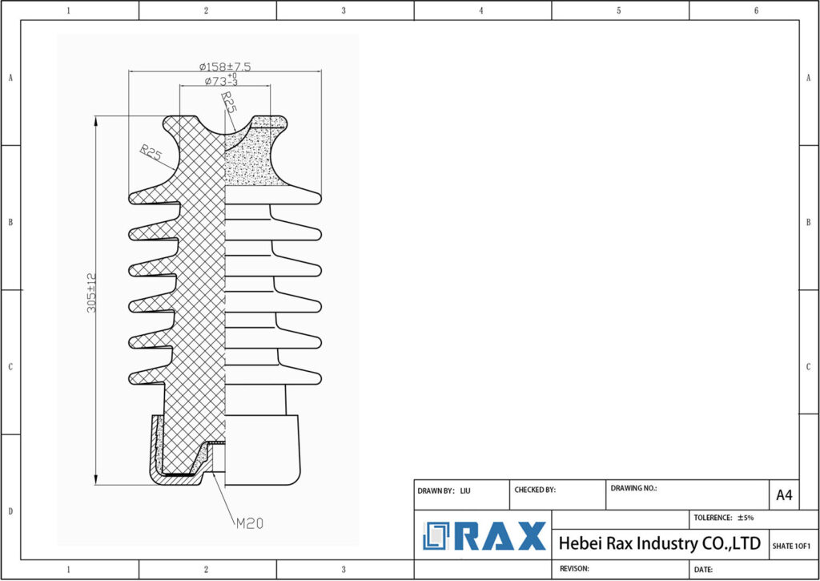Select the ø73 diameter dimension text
(221, 82)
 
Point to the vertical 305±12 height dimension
(90, 293)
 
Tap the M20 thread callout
(249, 523)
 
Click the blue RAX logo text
(500, 536)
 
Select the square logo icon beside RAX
(438, 536)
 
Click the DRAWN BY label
(436, 490)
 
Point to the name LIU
(465, 490)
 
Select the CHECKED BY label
(535, 489)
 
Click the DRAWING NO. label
(633, 487)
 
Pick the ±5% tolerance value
(745, 518)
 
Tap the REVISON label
(574, 567)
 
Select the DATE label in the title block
(703, 569)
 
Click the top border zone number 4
(481, 10)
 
